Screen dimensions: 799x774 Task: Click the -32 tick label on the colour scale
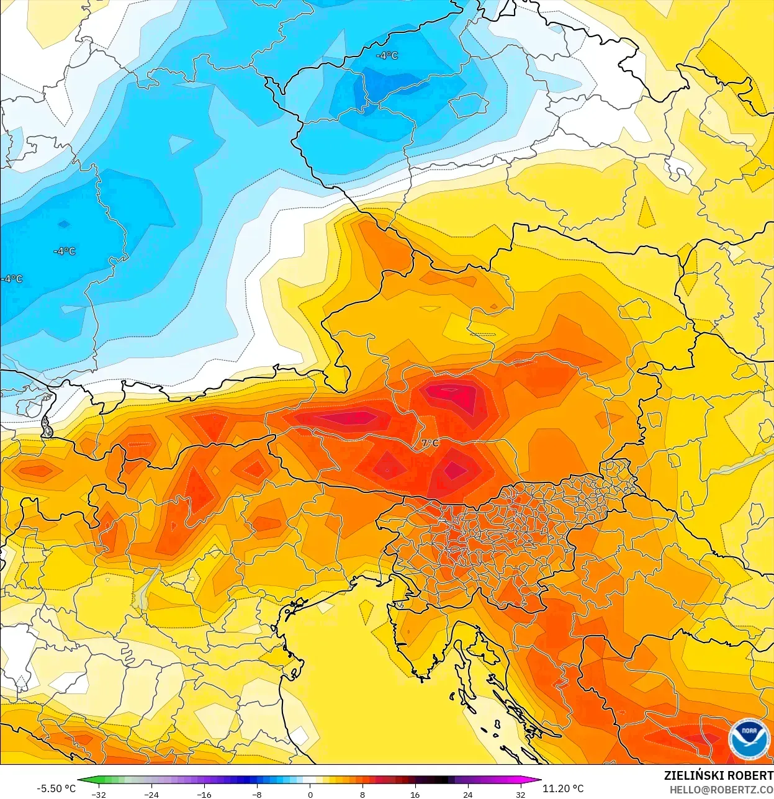click(x=98, y=794)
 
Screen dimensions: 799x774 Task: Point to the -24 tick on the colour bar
click(x=151, y=794)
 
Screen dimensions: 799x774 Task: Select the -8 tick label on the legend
click(x=256, y=794)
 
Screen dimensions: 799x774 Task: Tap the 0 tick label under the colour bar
click(x=310, y=794)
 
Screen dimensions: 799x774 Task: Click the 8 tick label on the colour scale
click(x=362, y=794)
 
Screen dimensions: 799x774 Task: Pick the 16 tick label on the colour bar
click(x=415, y=794)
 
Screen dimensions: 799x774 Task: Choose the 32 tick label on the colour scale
click(x=520, y=794)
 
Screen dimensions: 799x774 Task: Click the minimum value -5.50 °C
click(x=56, y=788)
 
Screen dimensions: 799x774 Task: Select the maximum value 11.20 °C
click(x=563, y=788)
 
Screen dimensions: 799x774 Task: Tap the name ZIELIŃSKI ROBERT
click(x=718, y=775)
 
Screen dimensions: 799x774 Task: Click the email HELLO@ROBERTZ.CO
click(x=721, y=790)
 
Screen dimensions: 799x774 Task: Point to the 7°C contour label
click(x=430, y=443)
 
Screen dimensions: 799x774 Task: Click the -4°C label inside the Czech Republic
click(x=387, y=56)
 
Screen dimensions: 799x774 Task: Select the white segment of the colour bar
click(x=310, y=781)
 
